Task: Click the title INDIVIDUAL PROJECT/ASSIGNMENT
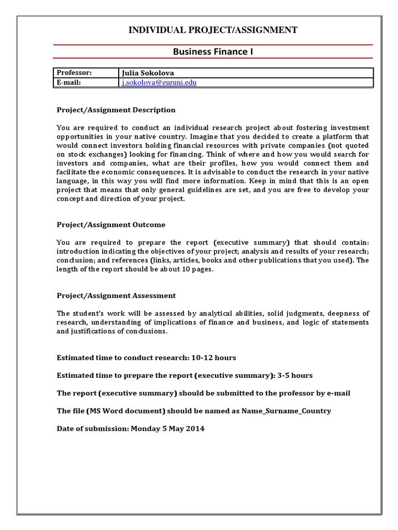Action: [x=213, y=30]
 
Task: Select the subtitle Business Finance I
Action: [x=213, y=52]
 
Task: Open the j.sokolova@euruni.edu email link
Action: [x=159, y=82]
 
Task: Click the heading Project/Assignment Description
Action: [x=116, y=110]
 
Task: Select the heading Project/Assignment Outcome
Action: [x=111, y=224]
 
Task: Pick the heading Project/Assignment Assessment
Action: [x=116, y=296]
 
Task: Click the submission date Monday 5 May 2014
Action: [x=167, y=429]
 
